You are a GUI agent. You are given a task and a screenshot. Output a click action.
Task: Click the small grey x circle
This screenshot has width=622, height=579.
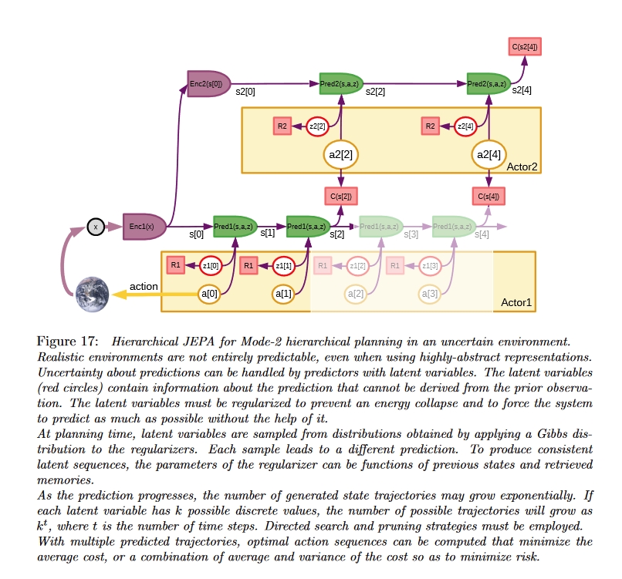[x=96, y=227]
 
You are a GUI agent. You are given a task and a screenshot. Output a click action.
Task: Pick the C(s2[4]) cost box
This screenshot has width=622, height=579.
[x=525, y=47]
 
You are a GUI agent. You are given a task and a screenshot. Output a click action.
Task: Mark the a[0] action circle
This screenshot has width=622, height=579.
[x=210, y=294]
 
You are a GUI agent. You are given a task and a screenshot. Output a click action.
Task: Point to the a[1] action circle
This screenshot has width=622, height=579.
[x=284, y=294]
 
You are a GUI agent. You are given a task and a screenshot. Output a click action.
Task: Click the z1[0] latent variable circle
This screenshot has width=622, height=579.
[x=211, y=265]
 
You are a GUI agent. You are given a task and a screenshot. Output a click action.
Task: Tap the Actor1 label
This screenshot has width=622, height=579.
[x=516, y=301]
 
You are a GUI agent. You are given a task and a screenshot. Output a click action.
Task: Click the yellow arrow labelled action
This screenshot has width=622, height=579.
[x=147, y=295]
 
